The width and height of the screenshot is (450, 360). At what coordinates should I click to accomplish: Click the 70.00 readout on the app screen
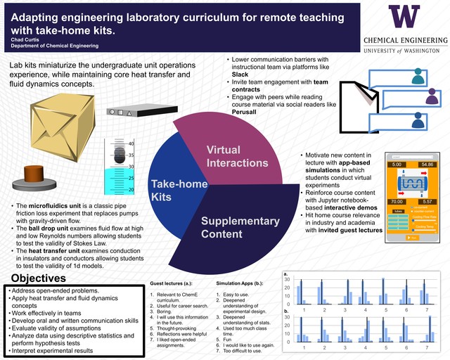pos(395,201)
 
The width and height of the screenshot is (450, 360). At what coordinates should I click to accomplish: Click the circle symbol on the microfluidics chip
pos(123,112)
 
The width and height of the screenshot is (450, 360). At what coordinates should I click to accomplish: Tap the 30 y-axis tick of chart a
pos(286,278)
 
